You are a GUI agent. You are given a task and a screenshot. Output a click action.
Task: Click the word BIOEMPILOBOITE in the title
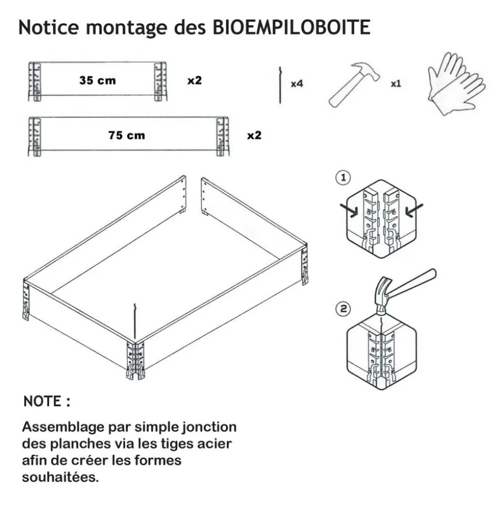pos(291,27)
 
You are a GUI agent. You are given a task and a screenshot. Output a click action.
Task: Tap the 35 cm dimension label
pos(98,80)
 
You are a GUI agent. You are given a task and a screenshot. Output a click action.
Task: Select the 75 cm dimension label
pos(126,135)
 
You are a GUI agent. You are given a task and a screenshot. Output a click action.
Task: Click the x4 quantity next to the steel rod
pos(297,84)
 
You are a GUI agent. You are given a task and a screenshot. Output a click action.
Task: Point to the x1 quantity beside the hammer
pos(396,84)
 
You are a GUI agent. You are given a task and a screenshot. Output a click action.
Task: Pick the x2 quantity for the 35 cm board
pos(194,80)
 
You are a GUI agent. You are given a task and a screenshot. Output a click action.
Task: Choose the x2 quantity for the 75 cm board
pos(254,135)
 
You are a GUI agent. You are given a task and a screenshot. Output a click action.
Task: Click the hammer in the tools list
pos(354,85)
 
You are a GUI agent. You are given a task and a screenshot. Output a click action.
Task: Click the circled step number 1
pos(343,177)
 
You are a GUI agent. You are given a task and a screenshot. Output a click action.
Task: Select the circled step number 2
pos(343,309)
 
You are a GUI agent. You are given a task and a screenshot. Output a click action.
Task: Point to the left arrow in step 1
pos(349,210)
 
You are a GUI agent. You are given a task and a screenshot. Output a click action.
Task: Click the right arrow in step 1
pos(414,210)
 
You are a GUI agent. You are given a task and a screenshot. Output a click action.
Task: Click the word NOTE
pos(42,402)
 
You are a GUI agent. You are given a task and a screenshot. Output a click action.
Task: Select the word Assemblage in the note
pos(63,428)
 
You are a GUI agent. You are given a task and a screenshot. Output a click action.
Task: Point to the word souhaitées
pos(60,477)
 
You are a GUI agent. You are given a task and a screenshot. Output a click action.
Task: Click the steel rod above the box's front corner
pos(135,322)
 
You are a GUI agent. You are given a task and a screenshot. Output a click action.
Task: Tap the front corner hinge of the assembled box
pos(136,361)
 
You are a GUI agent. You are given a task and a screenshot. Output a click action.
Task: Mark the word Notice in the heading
pos(49,27)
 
